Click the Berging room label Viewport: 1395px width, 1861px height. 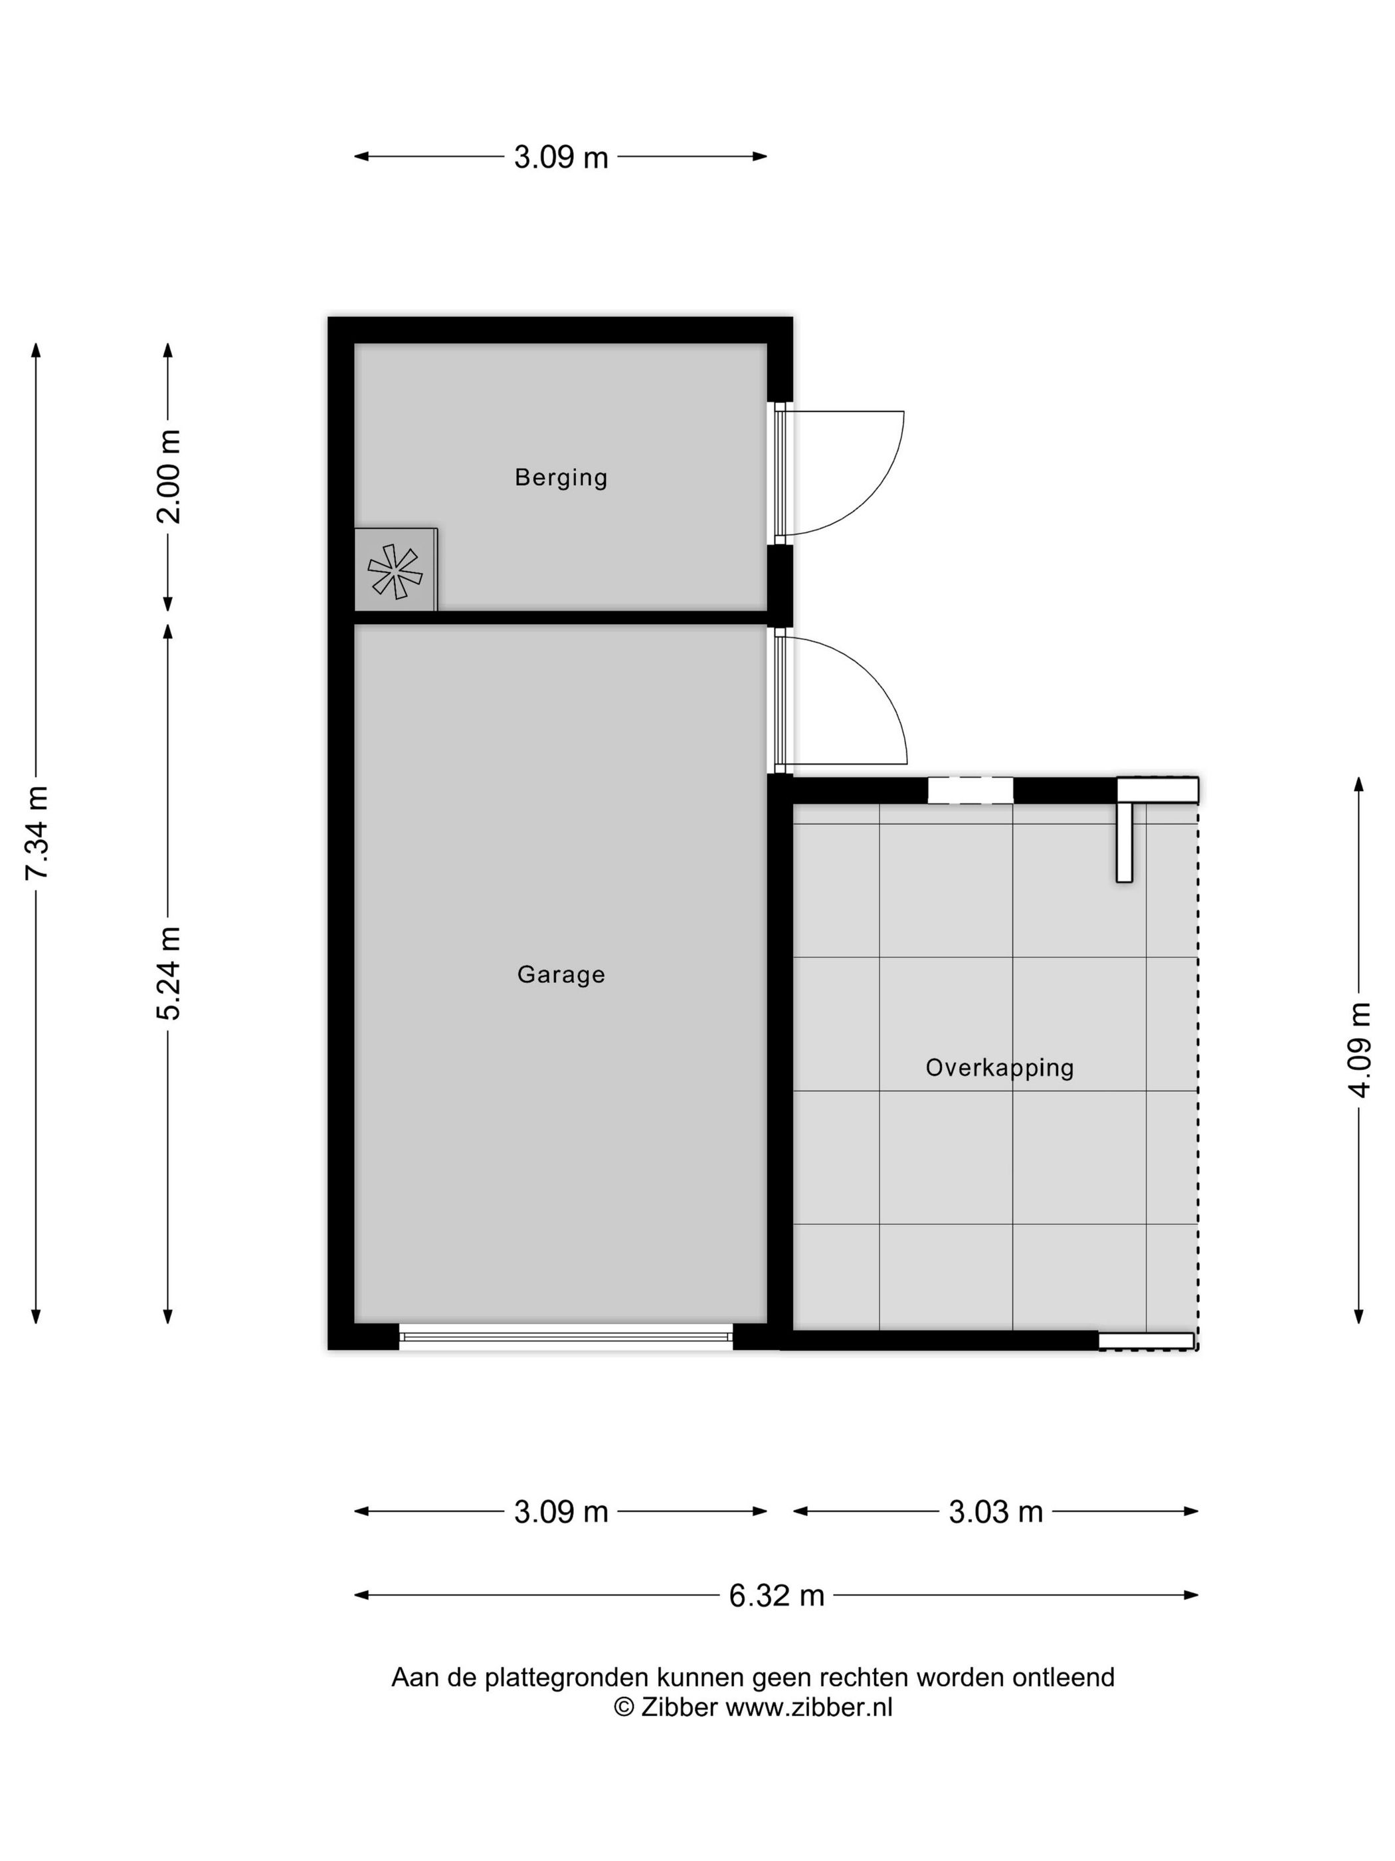[x=561, y=477]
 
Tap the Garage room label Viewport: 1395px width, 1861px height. [x=561, y=974]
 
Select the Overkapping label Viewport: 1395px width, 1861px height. [x=999, y=1067]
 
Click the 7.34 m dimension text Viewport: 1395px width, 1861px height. [x=37, y=833]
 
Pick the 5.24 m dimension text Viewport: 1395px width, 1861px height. [x=169, y=974]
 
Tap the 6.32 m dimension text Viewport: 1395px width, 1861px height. [x=776, y=1595]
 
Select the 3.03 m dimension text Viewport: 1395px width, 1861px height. [x=996, y=1512]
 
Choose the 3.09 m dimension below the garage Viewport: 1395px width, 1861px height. [x=561, y=1512]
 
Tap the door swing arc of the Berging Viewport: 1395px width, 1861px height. [x=874, y=496]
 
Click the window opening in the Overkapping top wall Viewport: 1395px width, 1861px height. [x=971, y=790]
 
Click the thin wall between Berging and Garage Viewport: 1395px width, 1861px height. [x=561, y=617]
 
